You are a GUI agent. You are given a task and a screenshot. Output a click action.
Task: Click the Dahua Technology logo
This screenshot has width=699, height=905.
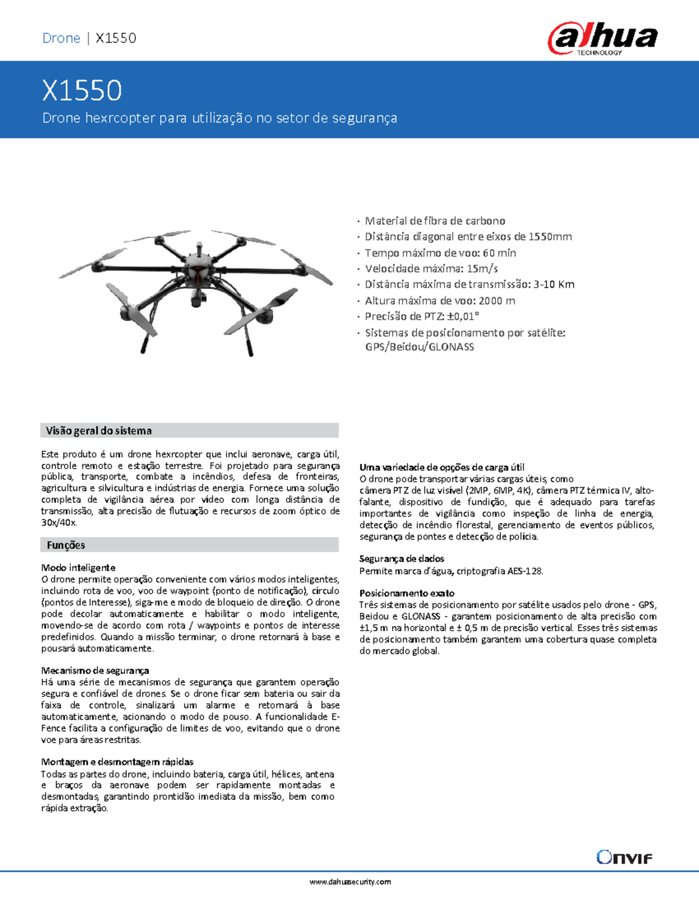602,38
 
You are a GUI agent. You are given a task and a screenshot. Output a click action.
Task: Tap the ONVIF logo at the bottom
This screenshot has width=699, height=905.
624,857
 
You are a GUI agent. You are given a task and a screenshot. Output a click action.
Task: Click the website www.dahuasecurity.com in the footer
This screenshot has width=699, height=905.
350,882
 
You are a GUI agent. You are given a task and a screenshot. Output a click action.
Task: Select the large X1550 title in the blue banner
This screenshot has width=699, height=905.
82,91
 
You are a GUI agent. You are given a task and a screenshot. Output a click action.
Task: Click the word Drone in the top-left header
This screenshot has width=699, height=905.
61,38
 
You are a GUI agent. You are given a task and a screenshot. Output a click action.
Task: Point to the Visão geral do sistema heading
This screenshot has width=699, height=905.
99,431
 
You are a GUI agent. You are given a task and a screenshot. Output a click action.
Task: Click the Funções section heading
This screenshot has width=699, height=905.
66,545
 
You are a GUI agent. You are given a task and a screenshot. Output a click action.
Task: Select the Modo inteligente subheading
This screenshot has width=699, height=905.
78,568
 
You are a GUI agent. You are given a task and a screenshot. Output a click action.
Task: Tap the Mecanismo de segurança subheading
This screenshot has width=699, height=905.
95,671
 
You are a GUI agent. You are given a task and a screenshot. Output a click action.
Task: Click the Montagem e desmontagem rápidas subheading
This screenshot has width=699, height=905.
117,762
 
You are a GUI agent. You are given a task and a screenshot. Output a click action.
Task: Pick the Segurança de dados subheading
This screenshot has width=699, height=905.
401,558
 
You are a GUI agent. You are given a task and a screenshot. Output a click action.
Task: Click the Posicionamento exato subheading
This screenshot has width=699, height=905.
407,593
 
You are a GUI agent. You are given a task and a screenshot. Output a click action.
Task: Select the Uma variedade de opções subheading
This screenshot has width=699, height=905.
442,467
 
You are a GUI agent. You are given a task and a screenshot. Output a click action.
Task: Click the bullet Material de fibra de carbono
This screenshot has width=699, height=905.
435,221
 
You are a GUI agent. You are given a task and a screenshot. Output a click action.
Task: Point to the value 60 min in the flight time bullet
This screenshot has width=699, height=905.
499,253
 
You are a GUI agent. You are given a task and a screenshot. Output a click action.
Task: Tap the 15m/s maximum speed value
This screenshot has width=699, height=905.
482,269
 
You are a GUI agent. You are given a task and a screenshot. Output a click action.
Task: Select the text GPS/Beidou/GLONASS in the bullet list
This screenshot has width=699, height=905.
419,347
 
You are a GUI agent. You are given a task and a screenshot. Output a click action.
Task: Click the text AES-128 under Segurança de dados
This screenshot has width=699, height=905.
524,571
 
